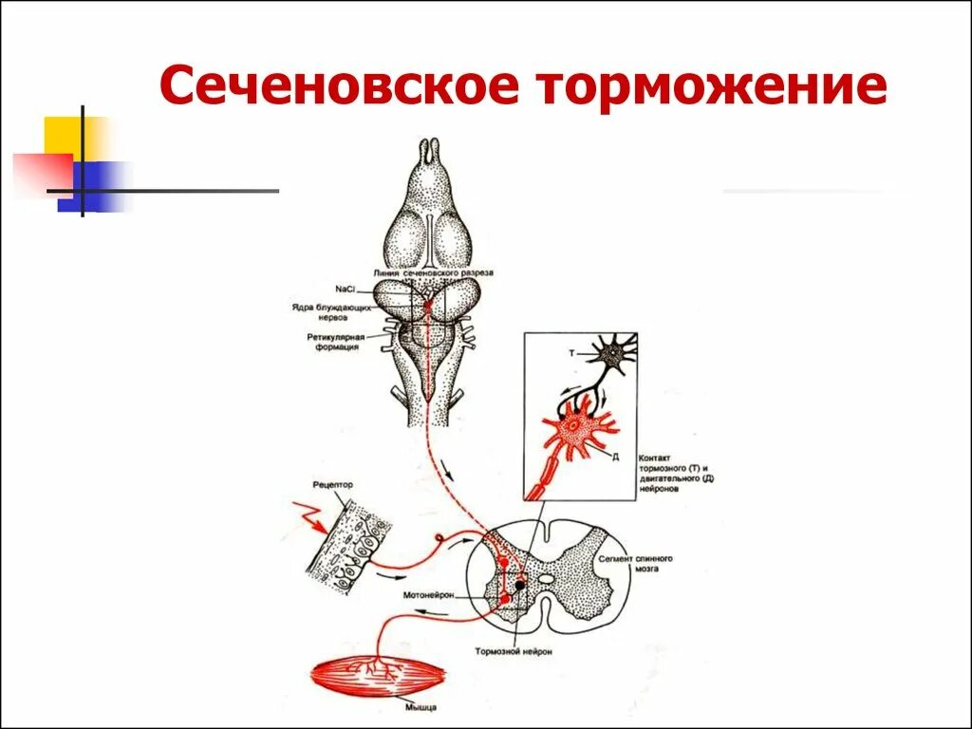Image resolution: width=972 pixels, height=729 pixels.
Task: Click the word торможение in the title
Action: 713,87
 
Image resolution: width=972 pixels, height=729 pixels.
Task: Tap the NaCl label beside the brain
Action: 346,289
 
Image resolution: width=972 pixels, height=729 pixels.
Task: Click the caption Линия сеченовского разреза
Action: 433,272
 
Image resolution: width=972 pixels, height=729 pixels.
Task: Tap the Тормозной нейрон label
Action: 514,652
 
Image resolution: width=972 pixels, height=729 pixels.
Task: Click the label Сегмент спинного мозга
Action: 635,564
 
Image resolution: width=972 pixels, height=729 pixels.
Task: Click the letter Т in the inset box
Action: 571,353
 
